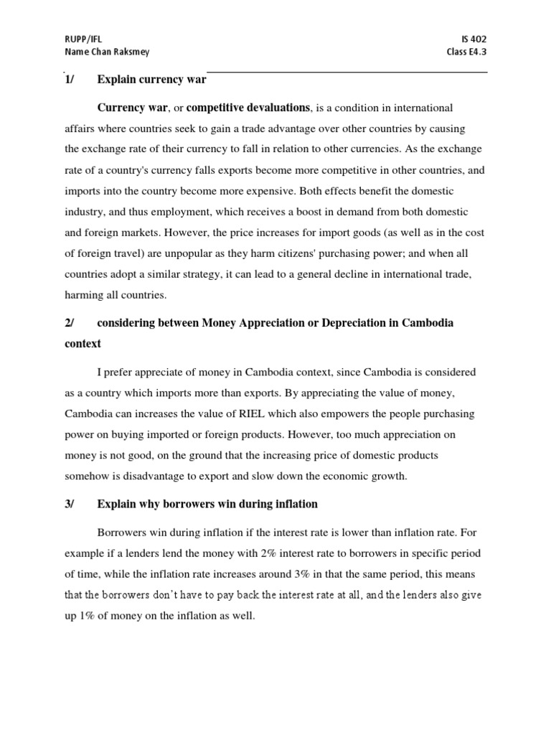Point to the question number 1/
(x=70, y=80)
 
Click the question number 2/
(x=70, y=323)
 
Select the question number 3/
(x=70, y=504)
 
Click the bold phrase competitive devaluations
(x=248, y=108)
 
